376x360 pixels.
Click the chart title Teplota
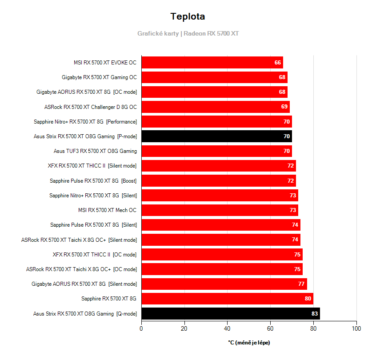coord(188,17)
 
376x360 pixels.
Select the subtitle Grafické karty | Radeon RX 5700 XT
coord(188,33)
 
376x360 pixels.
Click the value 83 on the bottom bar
coord(314,314)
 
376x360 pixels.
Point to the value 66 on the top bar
coord(278,63)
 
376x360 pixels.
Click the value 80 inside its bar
coord(308,299)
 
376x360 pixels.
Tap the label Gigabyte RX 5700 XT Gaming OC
coord(99,77)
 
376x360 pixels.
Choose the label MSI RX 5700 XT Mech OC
coord(107,210)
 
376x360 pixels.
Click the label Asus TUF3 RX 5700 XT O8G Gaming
coord(95,151)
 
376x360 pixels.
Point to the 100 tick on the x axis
coord(356,329)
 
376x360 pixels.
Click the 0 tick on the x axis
coord(141,329)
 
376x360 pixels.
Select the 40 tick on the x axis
coord(227,329)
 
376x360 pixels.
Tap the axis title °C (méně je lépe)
coord(248,343)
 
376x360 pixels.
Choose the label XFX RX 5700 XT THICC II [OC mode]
coord(94,255)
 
